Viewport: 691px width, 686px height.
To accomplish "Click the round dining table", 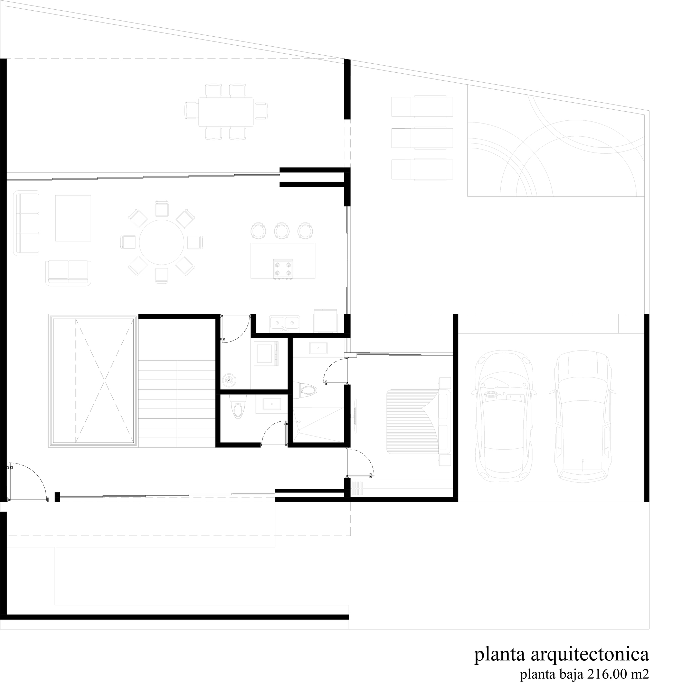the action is coord(162,243).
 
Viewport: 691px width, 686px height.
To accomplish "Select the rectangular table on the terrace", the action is coord(226,112).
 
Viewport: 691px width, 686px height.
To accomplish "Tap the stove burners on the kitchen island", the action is coord(283,269).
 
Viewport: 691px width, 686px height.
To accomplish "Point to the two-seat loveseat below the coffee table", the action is coord(68,273).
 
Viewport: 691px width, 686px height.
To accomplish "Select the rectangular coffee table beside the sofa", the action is coord(73,218).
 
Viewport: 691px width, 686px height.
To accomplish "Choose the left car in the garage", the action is coord(505,417).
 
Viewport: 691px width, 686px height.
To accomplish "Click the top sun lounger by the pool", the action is coord(422,107).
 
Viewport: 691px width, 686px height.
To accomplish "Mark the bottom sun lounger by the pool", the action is coord(422,170).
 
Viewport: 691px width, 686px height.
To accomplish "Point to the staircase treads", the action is coord(177,403).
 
